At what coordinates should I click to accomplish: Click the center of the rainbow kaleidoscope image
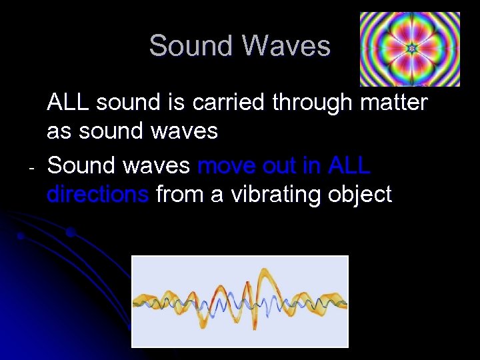tap(411, 49)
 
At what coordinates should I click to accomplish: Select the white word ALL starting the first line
tap(69, 103)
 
